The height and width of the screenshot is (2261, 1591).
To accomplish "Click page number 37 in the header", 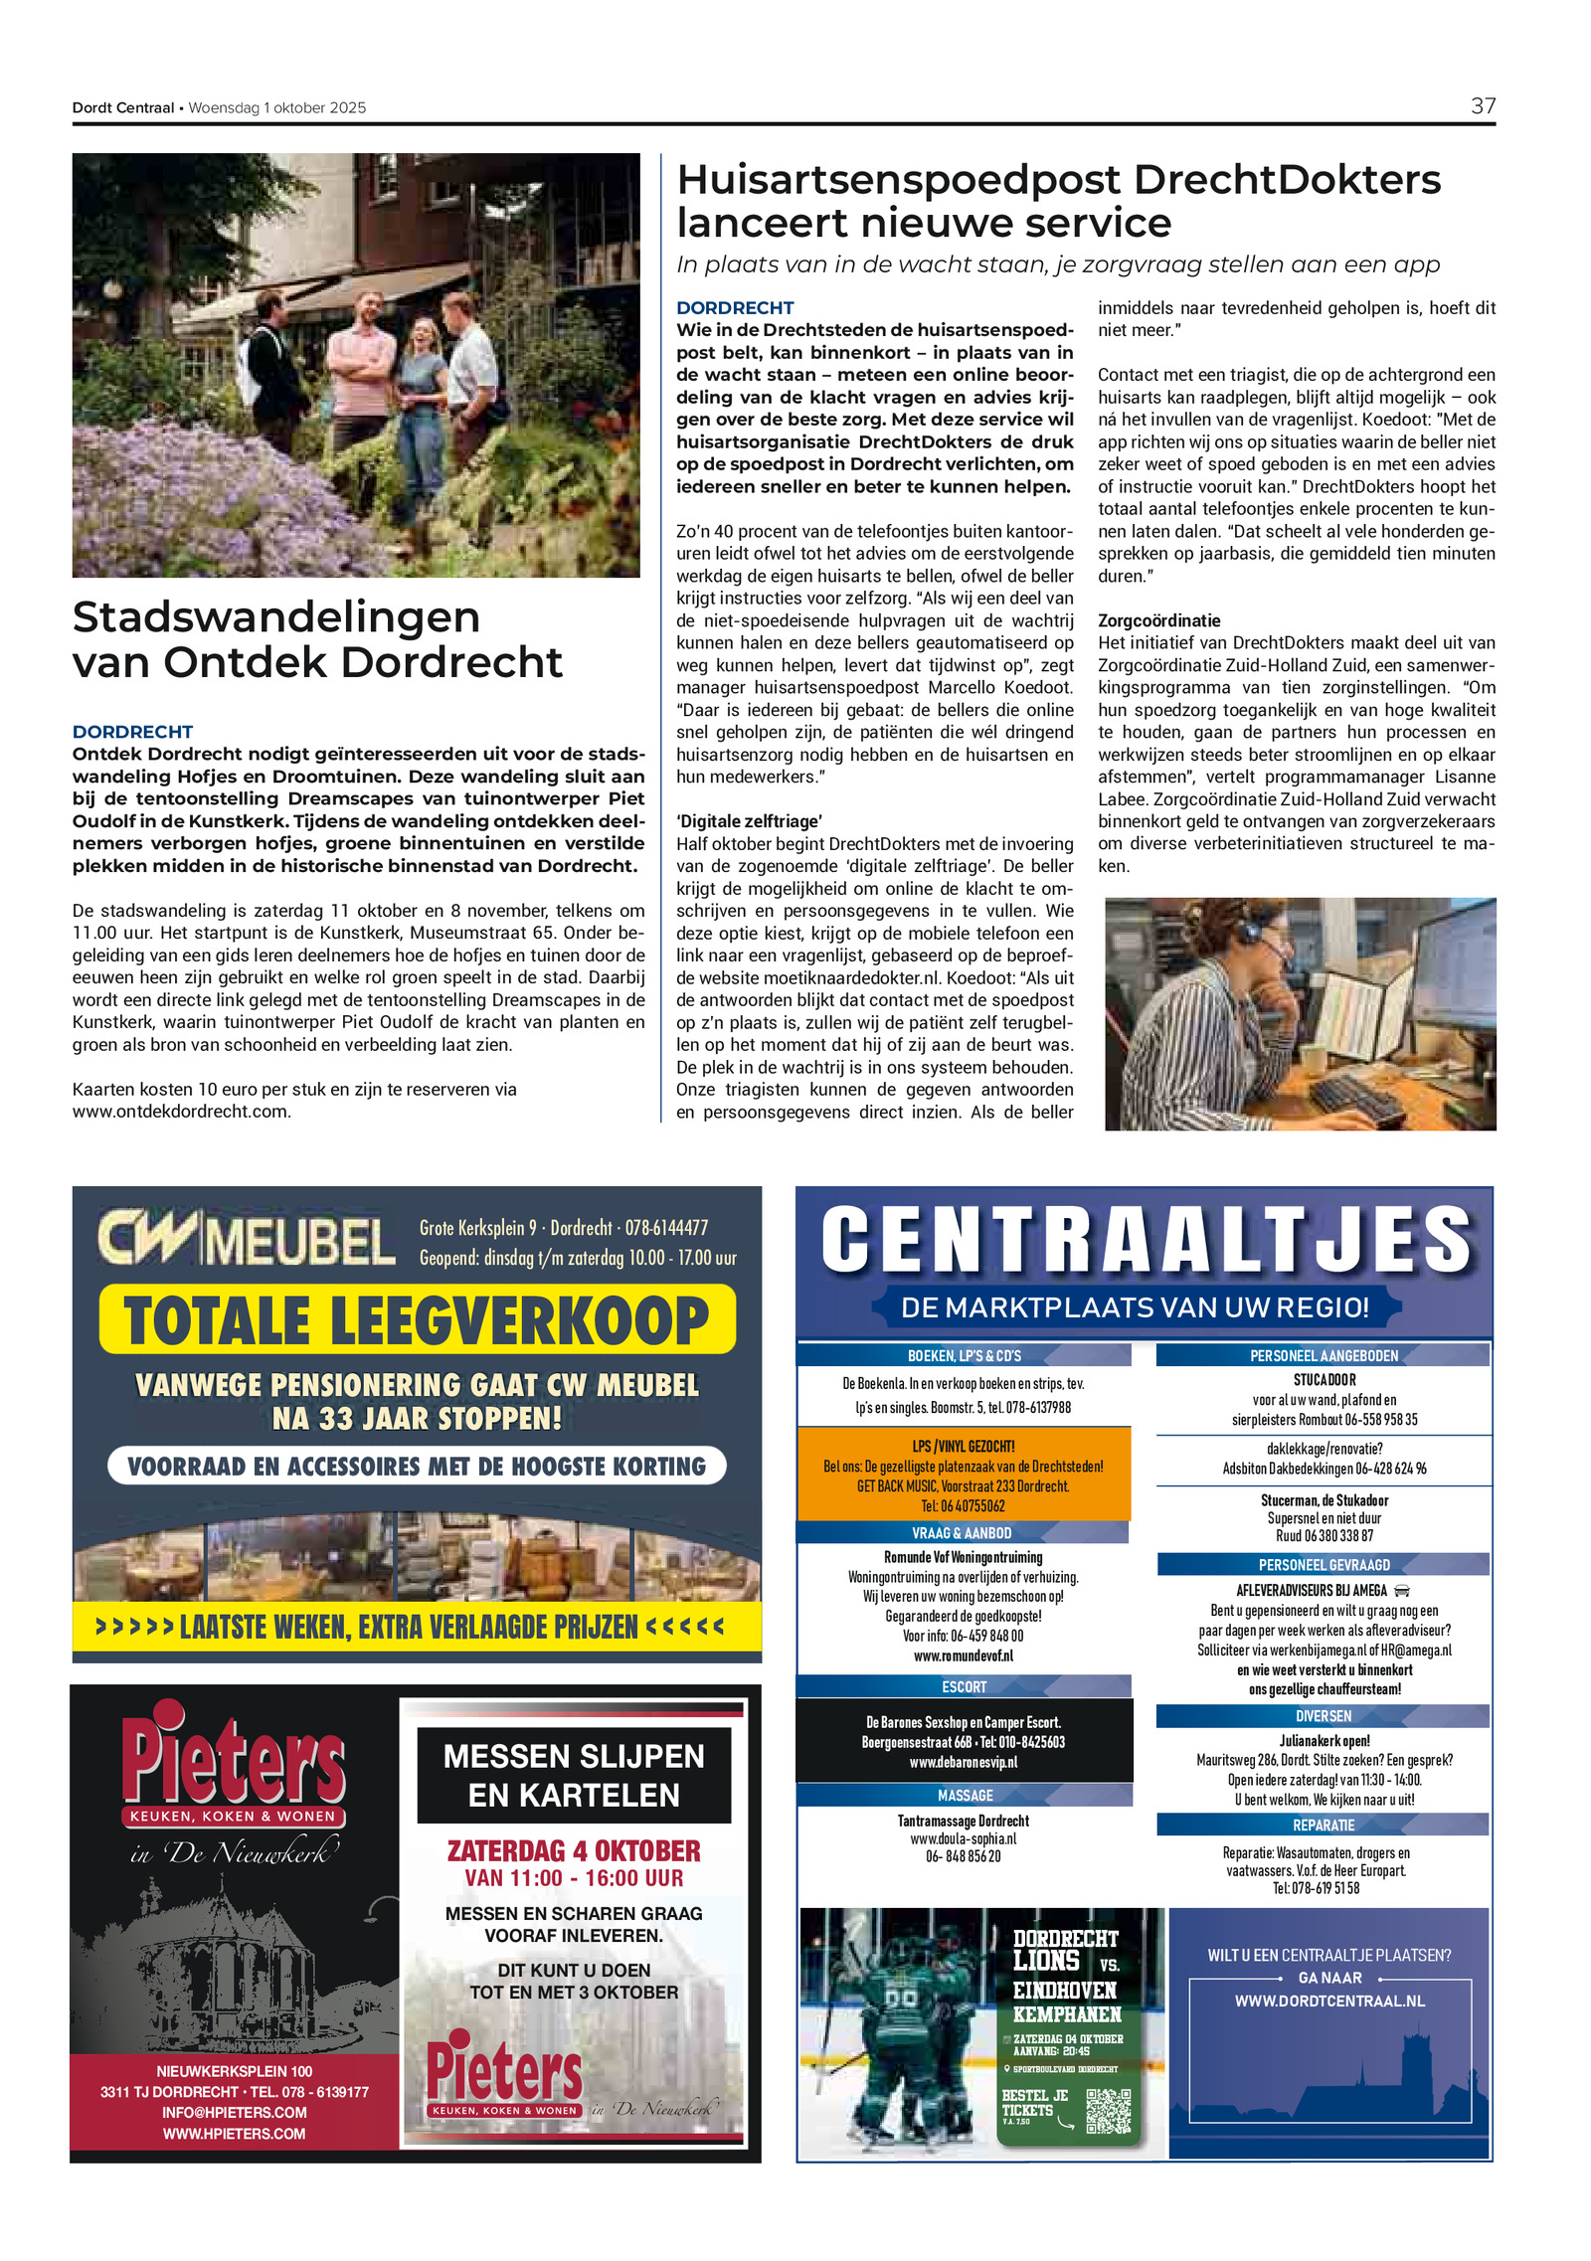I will click(x=1482, y=106).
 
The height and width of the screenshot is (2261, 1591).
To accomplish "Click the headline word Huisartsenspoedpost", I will click(x=898, y=180).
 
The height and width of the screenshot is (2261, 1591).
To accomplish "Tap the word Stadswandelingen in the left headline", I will click(x=275, y=617).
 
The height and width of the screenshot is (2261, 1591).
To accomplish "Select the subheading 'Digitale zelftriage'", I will click(x=749, y=821).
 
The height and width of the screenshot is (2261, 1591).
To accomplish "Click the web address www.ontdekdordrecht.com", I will click(x=181, y=1112).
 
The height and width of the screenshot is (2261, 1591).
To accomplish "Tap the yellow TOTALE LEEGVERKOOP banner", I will click(x=417, y=1319).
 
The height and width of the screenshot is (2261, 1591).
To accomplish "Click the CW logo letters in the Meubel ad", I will click(x=149, y=1239).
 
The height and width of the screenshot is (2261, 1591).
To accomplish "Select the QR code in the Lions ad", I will click(x=1108, y=2111).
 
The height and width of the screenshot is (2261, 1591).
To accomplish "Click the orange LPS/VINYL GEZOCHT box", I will click(x=964, y=1475).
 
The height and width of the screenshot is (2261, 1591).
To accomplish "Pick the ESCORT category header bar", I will click(x=964, y=1687).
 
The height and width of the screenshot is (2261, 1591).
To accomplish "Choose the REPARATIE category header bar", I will click(x=1323, y=1826).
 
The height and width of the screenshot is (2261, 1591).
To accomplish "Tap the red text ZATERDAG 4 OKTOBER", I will click(x=574, y=1851).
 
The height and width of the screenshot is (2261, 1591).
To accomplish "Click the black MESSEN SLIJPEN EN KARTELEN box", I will click(x=574, y=1776).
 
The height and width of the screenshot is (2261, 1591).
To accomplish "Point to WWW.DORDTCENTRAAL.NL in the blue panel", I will click(x=1329, y=2001).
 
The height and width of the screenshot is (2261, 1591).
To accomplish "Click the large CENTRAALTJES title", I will click(x=1146, y=1240).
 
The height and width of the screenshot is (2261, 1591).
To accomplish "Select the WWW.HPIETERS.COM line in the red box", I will click(x=234, y=2134).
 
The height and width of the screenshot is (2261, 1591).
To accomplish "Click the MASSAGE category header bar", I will click(x=965, y=1796).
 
